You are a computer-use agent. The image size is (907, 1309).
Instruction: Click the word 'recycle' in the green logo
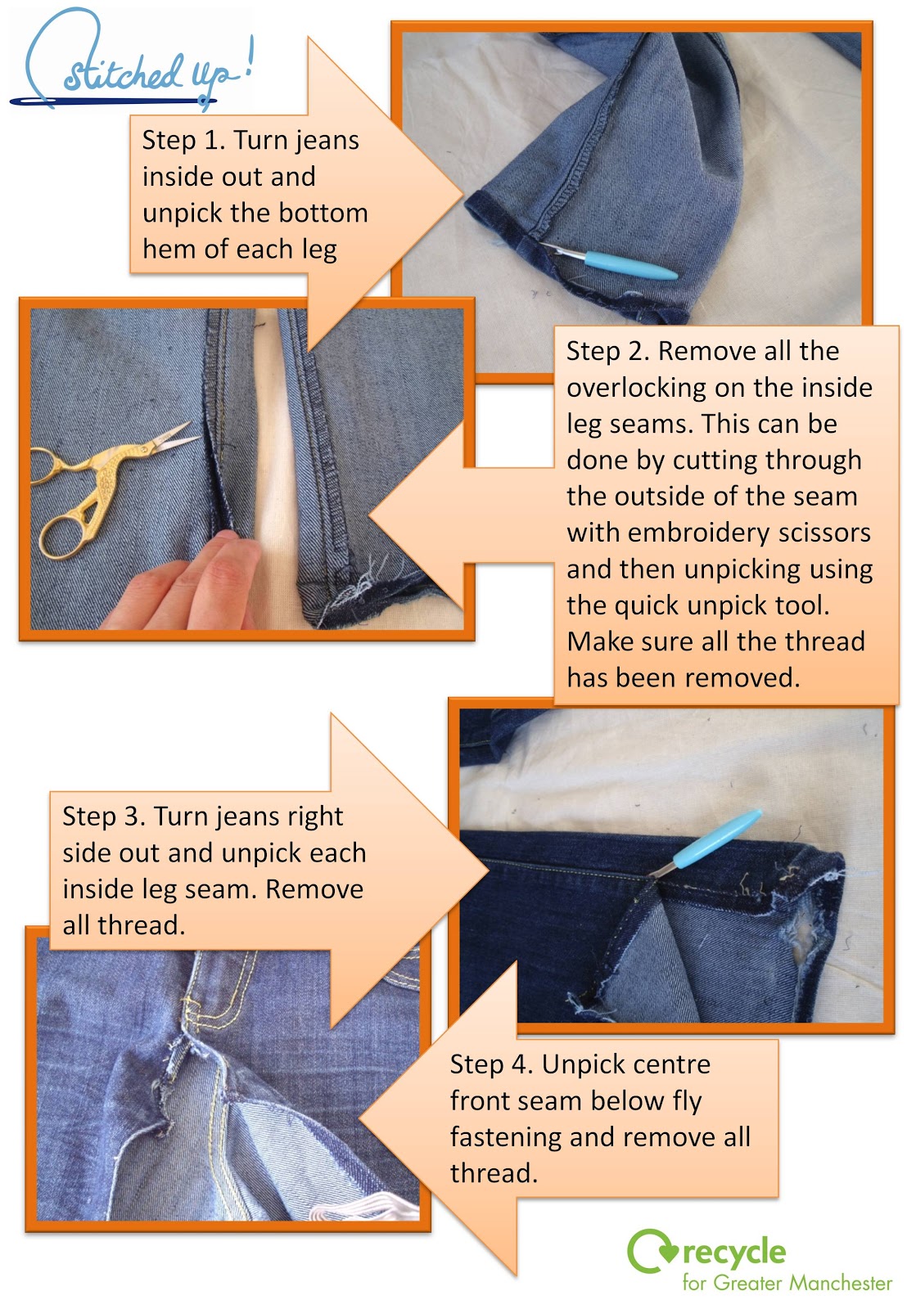pos(733,1252)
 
